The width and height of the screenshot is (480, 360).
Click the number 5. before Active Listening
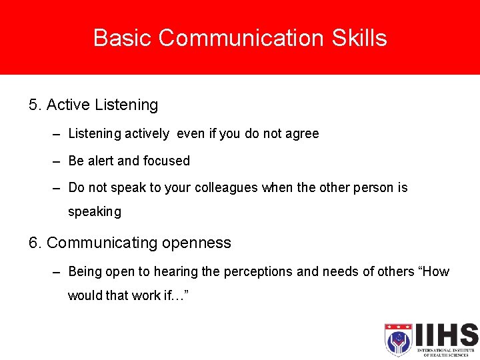pos(35,105)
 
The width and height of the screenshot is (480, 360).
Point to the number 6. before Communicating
pos(35,243)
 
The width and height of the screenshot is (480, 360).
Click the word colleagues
pos(226,188)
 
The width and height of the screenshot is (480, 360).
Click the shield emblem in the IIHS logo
pos(398,340)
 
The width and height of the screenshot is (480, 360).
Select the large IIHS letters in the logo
pos(445,334)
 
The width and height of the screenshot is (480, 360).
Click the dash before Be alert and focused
pos(57,161)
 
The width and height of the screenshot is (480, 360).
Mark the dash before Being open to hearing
pos(57,272)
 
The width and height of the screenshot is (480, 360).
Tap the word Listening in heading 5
pos(127,105)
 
